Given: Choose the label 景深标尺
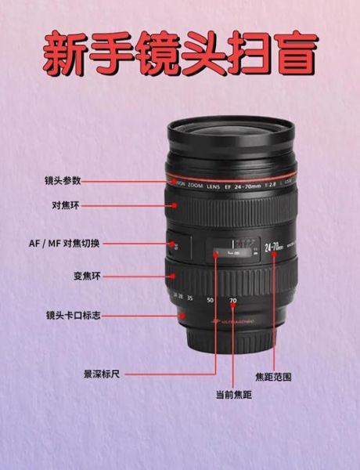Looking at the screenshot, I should coord(102,374).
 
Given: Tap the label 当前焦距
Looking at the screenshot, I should coord(233,394).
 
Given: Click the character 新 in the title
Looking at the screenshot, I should coord(65,52).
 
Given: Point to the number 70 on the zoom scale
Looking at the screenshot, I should coord(232,301).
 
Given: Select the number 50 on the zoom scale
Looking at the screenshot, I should coord(209,300).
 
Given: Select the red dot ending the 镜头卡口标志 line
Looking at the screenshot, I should coord(182,315).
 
